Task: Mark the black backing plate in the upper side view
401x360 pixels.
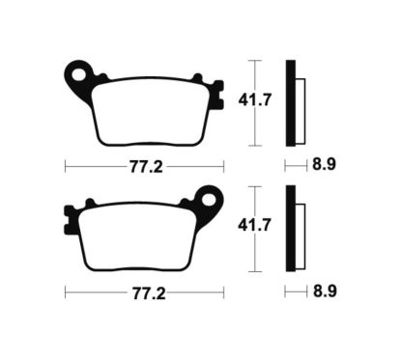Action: [289, 102]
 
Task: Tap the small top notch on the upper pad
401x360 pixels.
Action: [196, 77]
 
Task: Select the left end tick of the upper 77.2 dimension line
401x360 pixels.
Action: [65, 165]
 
